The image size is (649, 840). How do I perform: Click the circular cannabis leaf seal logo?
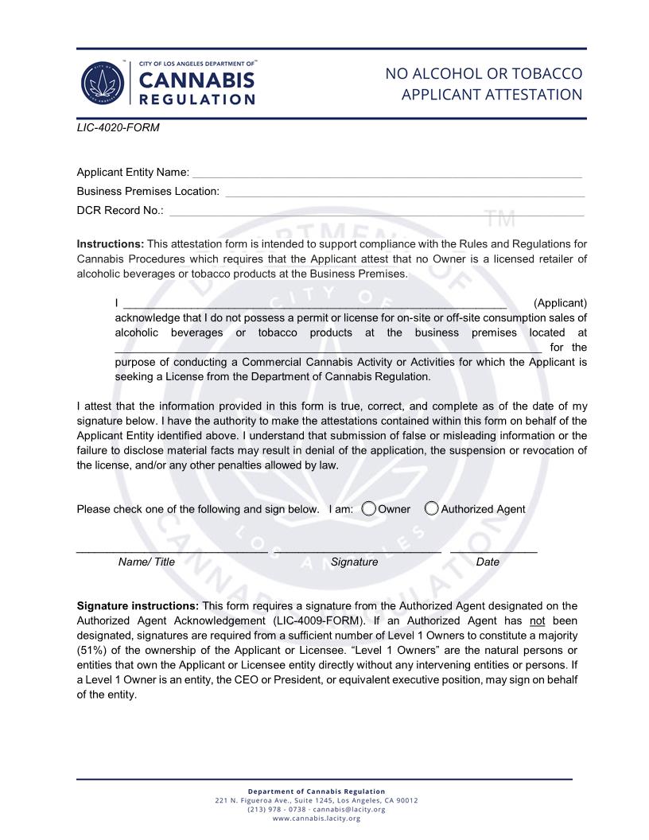102,83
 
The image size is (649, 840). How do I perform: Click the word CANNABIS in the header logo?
196,80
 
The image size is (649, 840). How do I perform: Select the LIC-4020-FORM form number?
118,127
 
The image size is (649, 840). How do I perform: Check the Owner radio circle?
369,509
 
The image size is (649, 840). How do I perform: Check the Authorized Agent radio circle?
432,509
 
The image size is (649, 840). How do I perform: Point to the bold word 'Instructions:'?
111,244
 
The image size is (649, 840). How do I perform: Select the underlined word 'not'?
538,620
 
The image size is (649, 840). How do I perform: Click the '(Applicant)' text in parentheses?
560,303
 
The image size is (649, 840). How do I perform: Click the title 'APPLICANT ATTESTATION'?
492,95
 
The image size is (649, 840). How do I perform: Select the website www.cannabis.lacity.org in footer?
317,819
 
